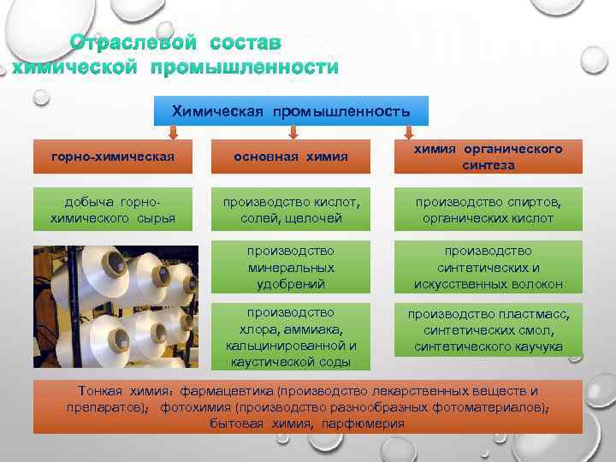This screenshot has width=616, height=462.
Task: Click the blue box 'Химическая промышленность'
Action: [x=291, y=111]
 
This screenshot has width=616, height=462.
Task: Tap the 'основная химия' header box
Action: [x=291, y=157]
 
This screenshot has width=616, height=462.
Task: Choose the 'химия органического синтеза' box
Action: [x=488, y=157]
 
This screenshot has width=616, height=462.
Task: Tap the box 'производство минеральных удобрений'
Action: [x=291, y=268]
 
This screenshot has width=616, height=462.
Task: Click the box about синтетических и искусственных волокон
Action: [x=488, y=268]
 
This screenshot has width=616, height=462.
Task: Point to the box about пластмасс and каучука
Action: [x=488, y=330]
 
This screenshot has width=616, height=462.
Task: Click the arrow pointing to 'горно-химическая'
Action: [x=172, y=133]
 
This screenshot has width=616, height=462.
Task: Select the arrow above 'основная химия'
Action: [x=292, y=133]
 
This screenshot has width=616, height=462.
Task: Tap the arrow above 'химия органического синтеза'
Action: [x=408, y=133]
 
